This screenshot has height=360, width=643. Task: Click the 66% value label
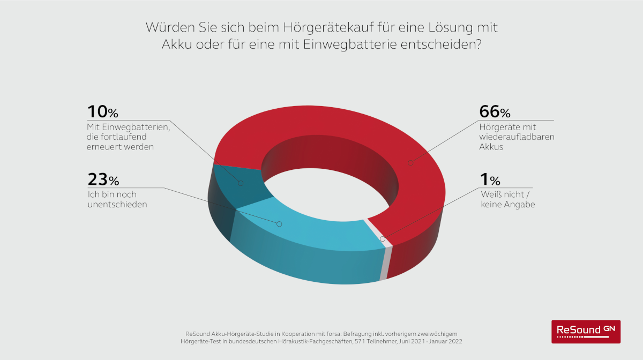pos(495,112)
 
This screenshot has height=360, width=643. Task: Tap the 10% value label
pos(102,112)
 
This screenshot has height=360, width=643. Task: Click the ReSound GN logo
pos(586,331)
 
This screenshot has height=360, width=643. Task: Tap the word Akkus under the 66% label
pos(491,147)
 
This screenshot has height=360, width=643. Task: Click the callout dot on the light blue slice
pos(279,223)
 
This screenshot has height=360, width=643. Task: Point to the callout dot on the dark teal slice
pos(241,183)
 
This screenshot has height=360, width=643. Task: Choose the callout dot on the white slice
pos(382,238)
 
